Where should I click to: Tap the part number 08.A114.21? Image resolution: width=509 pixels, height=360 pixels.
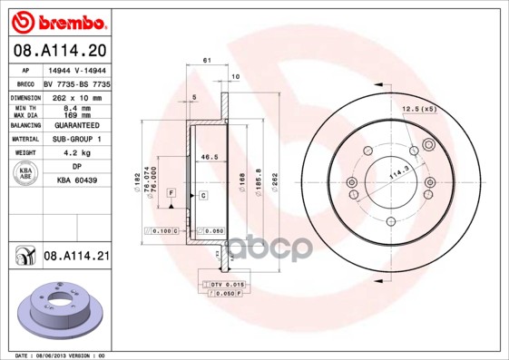75,257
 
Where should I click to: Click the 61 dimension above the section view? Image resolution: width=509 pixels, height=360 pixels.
207,60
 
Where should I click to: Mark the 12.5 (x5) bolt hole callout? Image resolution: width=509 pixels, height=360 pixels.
419,110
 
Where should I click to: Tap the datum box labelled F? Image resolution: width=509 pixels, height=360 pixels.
171,193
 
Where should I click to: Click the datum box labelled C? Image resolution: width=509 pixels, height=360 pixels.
202,195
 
